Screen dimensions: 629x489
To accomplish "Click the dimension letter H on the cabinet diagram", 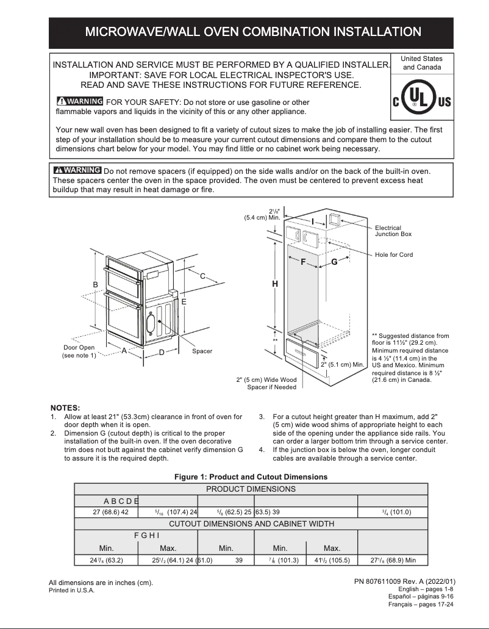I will click(275, 284).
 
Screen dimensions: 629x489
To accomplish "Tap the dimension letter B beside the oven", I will click(96, 285).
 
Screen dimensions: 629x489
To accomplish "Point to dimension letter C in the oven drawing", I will click(202, 276).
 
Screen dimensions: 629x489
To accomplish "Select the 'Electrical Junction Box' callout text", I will click(393, 231).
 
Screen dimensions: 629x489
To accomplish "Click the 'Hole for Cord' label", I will click(394, 254).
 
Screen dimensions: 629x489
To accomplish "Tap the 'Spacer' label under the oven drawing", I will click(202, 351).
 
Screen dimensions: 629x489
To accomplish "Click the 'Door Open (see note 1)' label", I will click(79, 351).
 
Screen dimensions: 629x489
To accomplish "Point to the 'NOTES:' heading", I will click(65, 408).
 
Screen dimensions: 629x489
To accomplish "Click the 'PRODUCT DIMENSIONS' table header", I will click(251, 489).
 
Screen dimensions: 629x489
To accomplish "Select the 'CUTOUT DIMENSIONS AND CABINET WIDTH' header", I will click(251, 523).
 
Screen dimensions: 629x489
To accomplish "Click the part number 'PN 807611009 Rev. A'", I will click(404, 581).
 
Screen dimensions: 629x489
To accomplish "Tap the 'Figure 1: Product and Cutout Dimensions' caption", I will click(251, 476).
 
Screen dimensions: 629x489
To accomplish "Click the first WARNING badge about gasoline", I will click(79, 101).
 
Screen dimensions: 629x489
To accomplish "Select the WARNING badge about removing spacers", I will click(77, 170).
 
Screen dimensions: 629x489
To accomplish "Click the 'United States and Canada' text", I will click(422, 63).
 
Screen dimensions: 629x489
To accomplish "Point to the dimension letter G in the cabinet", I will click(334, 262).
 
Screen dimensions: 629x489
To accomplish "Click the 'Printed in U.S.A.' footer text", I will click(72, 591).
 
